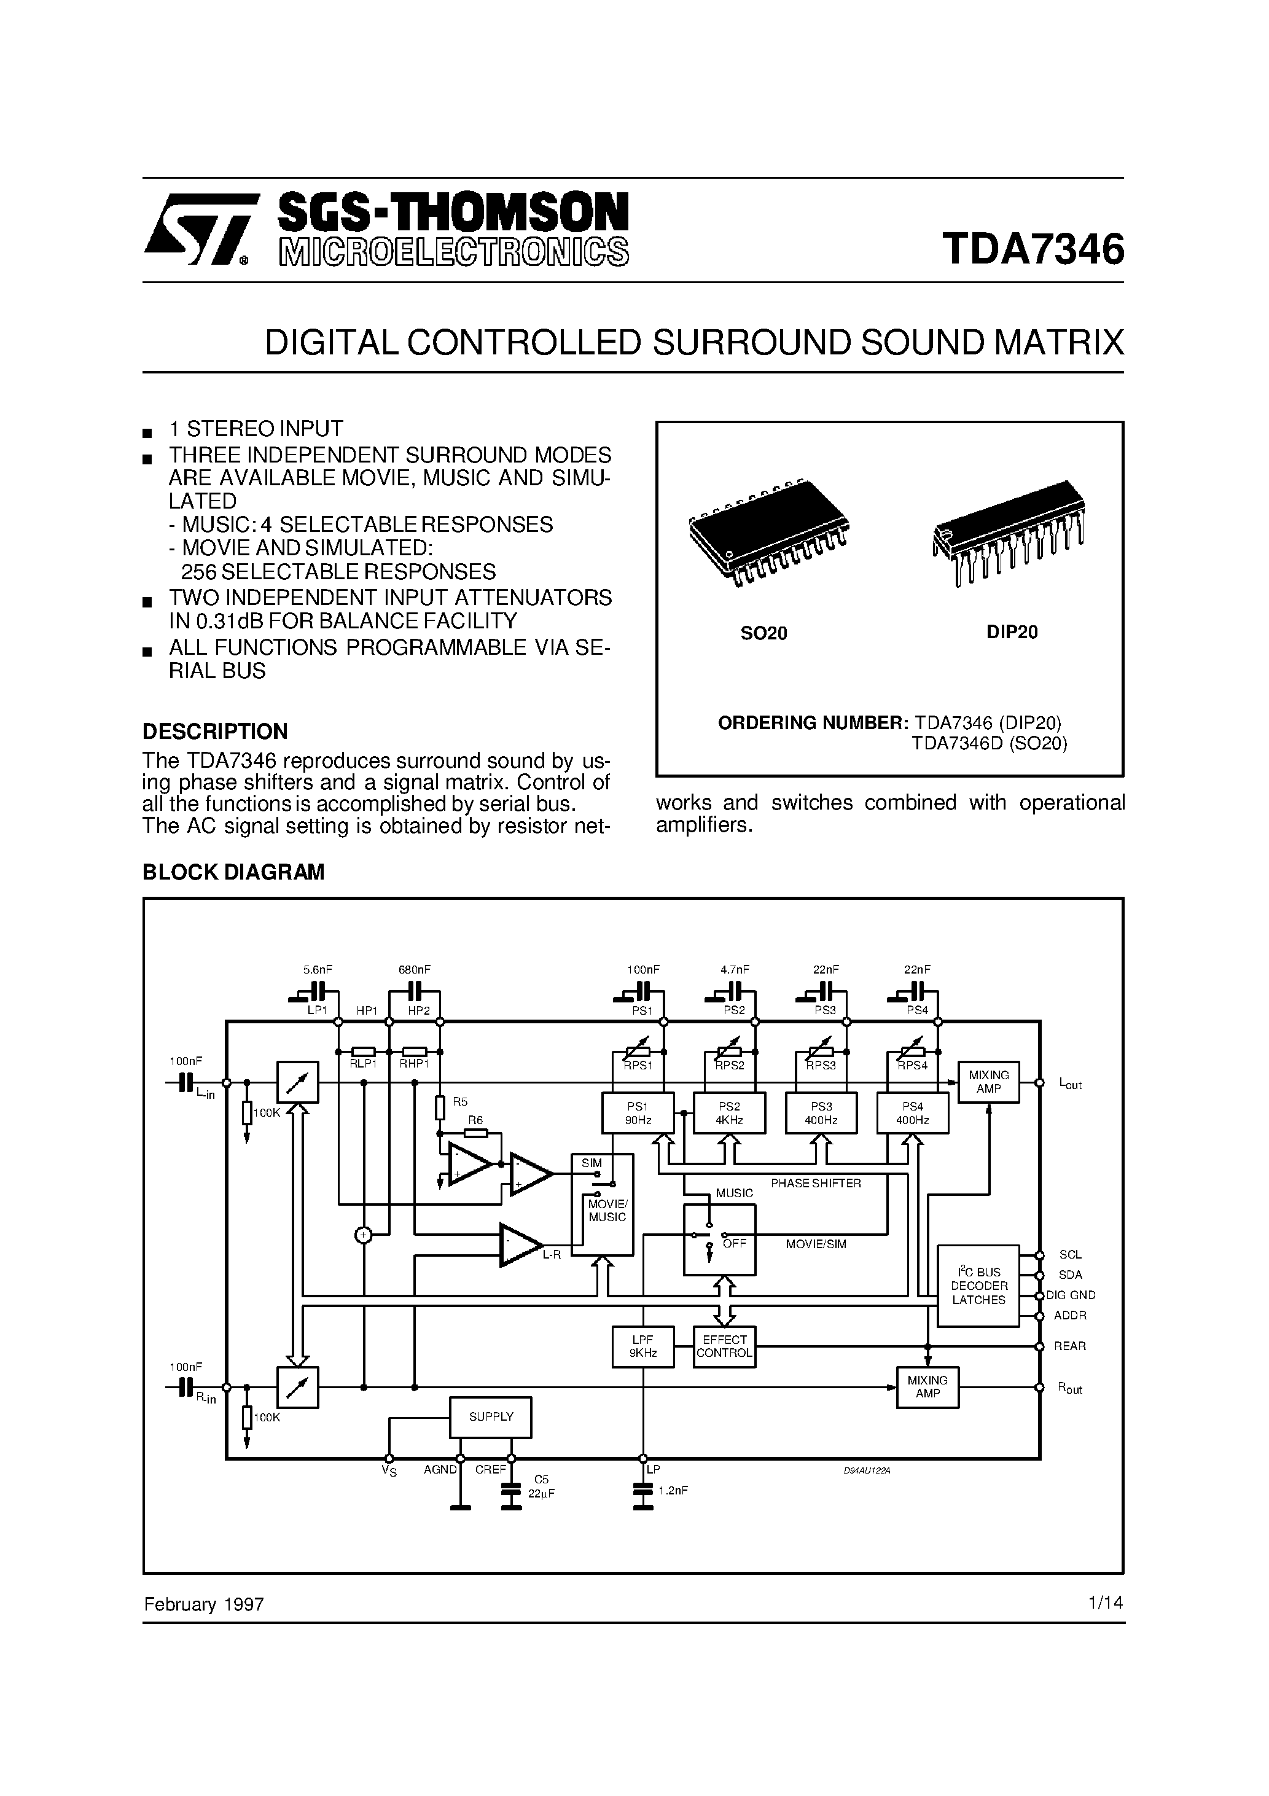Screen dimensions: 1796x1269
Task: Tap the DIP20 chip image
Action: (1010, 530)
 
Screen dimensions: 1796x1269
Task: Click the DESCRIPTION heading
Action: (214, 732)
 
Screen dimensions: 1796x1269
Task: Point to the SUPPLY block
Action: (491, 1416)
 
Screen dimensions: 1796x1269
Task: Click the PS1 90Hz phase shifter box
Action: (638, 1113)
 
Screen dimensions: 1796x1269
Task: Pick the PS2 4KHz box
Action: (729, 1113)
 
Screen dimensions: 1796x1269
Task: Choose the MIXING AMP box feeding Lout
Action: (989, 1082)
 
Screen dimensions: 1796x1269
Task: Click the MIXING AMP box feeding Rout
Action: (927, 1387)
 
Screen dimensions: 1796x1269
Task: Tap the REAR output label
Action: (1069, 1346)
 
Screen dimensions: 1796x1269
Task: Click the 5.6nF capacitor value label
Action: (318, 969)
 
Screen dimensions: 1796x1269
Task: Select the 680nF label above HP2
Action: (415, 969)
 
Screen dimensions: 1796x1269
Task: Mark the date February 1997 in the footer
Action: (203, 1604)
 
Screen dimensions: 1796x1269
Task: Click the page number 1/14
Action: (1105, 1603)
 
